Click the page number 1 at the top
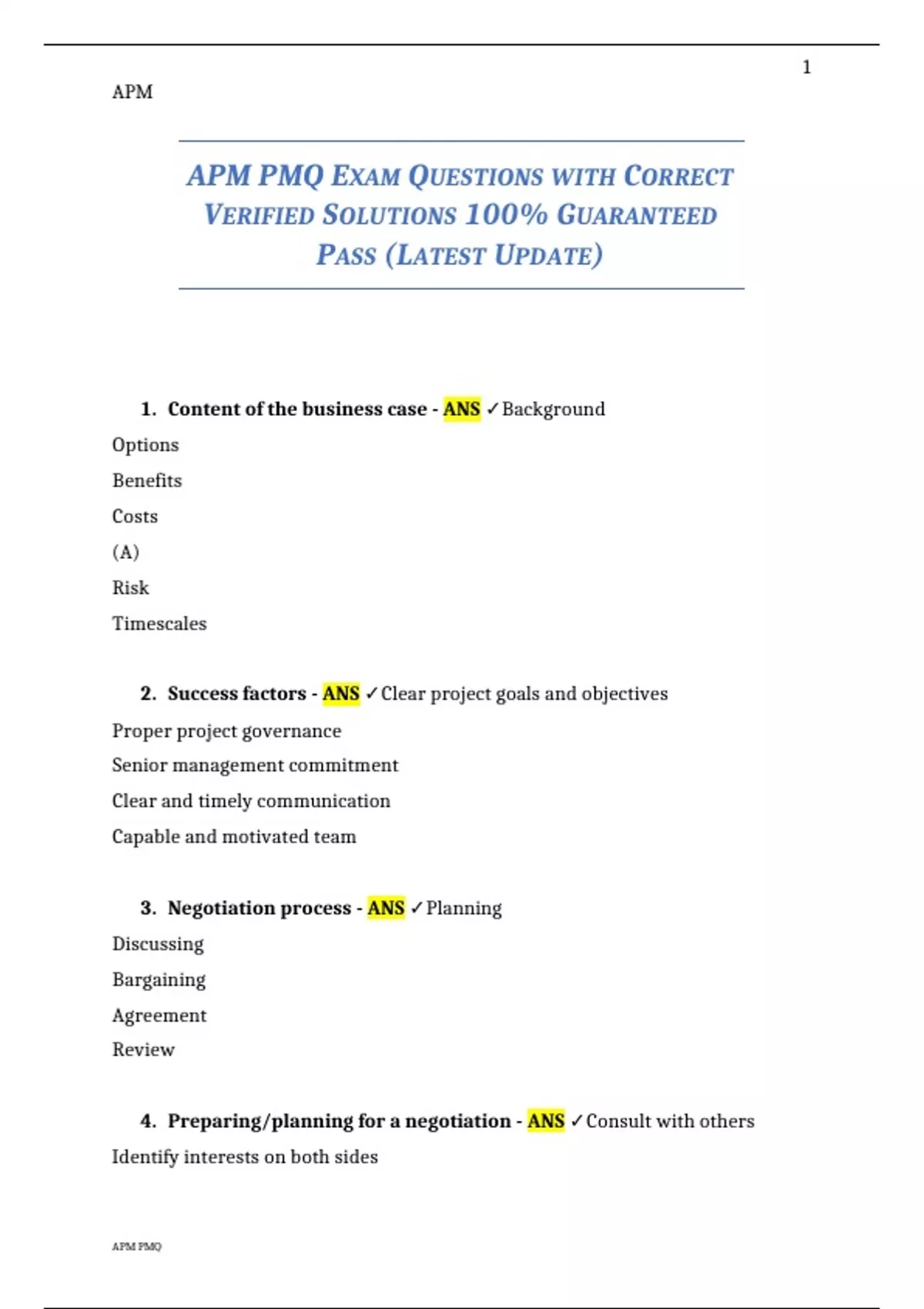[806, 68]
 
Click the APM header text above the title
[132, 92]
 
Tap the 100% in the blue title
[506, 215]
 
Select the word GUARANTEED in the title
[637, 216]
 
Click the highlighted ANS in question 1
[461, 409]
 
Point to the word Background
[553, 409]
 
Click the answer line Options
[146, 445]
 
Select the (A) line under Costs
[126, 552]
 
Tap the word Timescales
[159, 624]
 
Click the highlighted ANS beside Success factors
[341, 694]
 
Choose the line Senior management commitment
[255, 765]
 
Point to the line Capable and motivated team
[234, 837]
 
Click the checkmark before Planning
[417, 908]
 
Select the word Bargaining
[159, 979]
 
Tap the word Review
[143, 1050]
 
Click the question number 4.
[148, 1121]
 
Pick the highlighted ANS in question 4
[546, 1121]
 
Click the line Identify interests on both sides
[245, 1157]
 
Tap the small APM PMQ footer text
[137, 1246]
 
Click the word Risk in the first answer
[130, 588]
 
